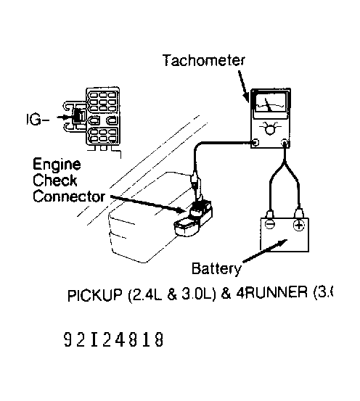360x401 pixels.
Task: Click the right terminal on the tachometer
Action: point(284,143)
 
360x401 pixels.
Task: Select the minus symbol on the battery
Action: point(269,226)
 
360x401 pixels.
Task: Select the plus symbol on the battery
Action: point(298,226)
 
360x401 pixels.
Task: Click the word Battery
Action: point(216,269)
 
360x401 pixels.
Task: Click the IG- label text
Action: point(49,115)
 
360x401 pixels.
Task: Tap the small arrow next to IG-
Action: point(71,115)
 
